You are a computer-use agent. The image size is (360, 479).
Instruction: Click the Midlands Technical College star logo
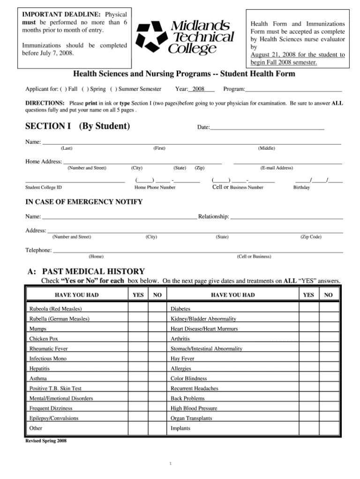[151, 37]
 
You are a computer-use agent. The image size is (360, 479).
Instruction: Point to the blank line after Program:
[293, 89]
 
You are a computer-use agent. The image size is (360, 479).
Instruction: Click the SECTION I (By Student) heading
[77, 126]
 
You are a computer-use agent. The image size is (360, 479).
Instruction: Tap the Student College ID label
[43, 187]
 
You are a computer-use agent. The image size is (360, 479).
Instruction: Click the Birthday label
[301, 187]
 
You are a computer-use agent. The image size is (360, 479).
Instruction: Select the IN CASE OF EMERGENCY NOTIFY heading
[83, 202]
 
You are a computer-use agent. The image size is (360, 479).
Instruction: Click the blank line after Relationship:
[286, 217]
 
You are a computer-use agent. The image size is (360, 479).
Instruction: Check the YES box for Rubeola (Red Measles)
[138, 309]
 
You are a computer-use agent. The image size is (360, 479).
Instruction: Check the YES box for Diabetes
[308, 309]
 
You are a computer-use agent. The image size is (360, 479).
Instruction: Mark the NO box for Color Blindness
[329, 378]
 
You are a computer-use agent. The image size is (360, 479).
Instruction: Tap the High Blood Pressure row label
[194, 408]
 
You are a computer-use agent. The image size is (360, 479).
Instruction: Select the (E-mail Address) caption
[277, 168]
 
